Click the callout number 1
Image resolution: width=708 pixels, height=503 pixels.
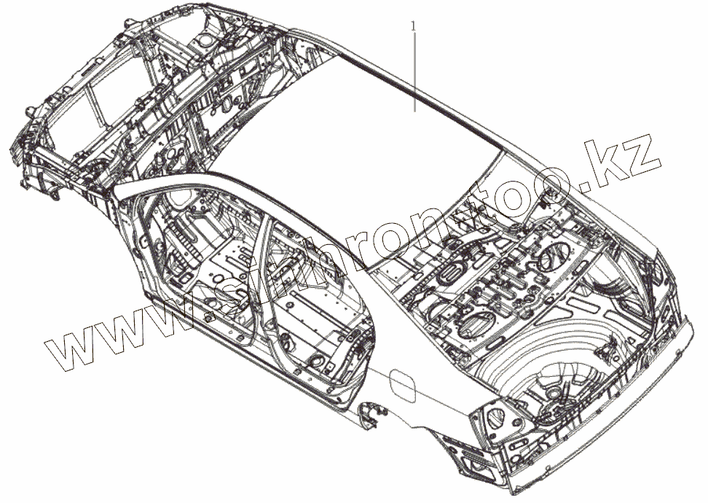coord(414,26)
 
